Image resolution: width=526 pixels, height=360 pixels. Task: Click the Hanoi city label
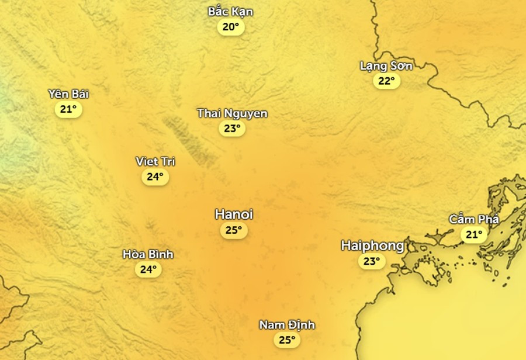point(234,214)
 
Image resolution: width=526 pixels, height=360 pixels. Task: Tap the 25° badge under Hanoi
point(234,230)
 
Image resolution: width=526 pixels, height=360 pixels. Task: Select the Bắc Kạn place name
point(231,12)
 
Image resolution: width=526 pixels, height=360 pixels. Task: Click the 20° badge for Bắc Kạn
point(231,27)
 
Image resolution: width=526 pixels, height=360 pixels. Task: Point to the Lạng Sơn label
point(386,66)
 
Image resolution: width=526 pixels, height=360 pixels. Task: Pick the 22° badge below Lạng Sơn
point(386,81)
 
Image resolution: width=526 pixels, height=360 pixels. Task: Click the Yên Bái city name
point(68,94)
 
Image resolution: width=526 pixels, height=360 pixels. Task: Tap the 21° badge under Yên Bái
point(68,109)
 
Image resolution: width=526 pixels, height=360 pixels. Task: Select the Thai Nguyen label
point(232,113)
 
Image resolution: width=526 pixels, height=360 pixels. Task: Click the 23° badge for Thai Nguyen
point(232,129)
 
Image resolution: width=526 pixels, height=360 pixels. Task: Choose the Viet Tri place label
point(155,161)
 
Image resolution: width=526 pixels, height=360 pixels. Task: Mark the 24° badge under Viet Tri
point(155,176)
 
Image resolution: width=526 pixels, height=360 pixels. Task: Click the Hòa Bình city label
point(148,254)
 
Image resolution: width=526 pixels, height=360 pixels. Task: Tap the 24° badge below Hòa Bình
point(148,269)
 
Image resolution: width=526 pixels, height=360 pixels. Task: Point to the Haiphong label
point(372,245)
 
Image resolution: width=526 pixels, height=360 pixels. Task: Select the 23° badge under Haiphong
point(372,261)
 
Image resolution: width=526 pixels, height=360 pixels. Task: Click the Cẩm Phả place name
point(474,219)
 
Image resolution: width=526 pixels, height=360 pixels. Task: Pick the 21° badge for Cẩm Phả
point(474,234)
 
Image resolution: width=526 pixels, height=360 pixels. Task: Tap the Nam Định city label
point(287,325)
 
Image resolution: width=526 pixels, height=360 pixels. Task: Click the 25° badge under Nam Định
point(287,340)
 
